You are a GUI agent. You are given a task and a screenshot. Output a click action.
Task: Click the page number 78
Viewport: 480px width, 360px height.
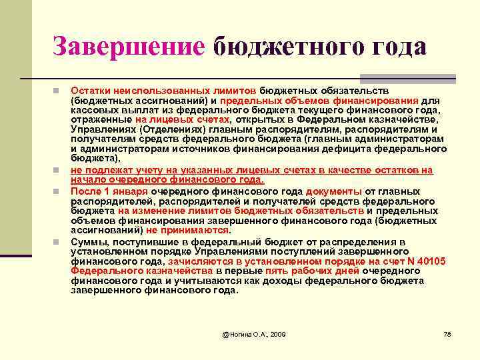[447, 333]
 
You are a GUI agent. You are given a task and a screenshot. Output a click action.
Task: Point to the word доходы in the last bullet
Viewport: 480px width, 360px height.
[261, 281]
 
